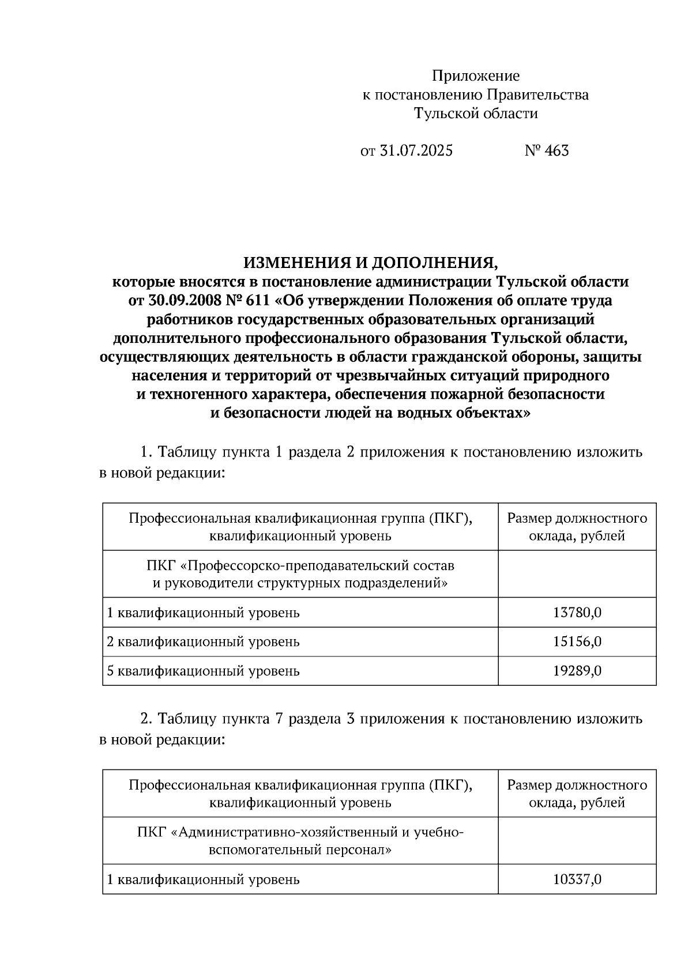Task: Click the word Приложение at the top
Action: [x=476, y=75]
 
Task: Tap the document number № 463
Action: [x=546, y=151]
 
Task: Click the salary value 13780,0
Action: [x=577, y=612]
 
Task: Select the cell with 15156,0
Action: [x=577, y=641]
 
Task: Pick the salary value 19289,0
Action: [x=577, y=671]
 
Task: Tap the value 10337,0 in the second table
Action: [x=577, y=879]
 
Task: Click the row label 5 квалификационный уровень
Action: [x=203, y=671]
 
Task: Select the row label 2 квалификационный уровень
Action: [x=203, y=641]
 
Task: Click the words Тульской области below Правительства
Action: [x=476, y=114]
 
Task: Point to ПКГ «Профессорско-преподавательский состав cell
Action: [x=300, y=573]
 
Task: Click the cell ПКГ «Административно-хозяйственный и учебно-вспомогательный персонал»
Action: [x=300, y=840]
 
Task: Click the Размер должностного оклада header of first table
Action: [x=577, y=527]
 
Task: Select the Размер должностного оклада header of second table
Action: [x=577, y=793]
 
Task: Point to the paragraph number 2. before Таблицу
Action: [x=146, y=719]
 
